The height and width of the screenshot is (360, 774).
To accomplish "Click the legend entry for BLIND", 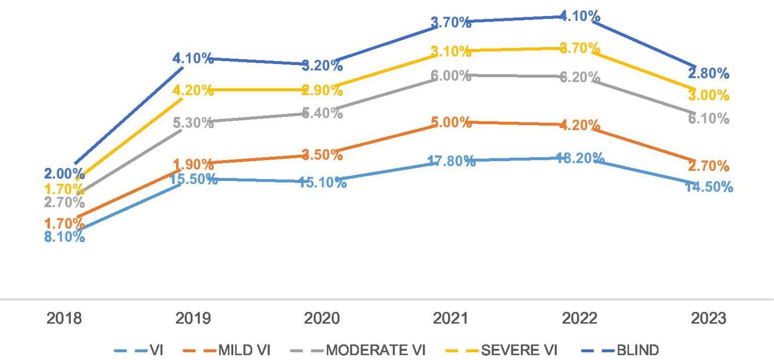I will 637,350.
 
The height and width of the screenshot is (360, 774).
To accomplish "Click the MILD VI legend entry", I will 244,350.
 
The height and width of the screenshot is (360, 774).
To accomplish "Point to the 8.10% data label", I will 64,236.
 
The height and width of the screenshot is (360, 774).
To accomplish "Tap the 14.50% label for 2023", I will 708,187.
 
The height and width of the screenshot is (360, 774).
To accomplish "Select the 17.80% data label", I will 451,161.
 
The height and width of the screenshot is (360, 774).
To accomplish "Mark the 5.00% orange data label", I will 451,123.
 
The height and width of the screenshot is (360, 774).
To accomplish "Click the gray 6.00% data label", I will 451,76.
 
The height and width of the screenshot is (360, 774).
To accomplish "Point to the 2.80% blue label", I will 708,74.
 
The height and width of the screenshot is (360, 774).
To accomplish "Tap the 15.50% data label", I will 193,179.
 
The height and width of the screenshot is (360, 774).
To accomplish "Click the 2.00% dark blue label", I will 64,174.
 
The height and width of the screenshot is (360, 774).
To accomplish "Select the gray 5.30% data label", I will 193,123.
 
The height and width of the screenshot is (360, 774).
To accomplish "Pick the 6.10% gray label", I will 708,118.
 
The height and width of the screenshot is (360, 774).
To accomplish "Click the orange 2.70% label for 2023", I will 708,165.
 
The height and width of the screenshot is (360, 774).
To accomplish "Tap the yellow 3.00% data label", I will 708,95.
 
